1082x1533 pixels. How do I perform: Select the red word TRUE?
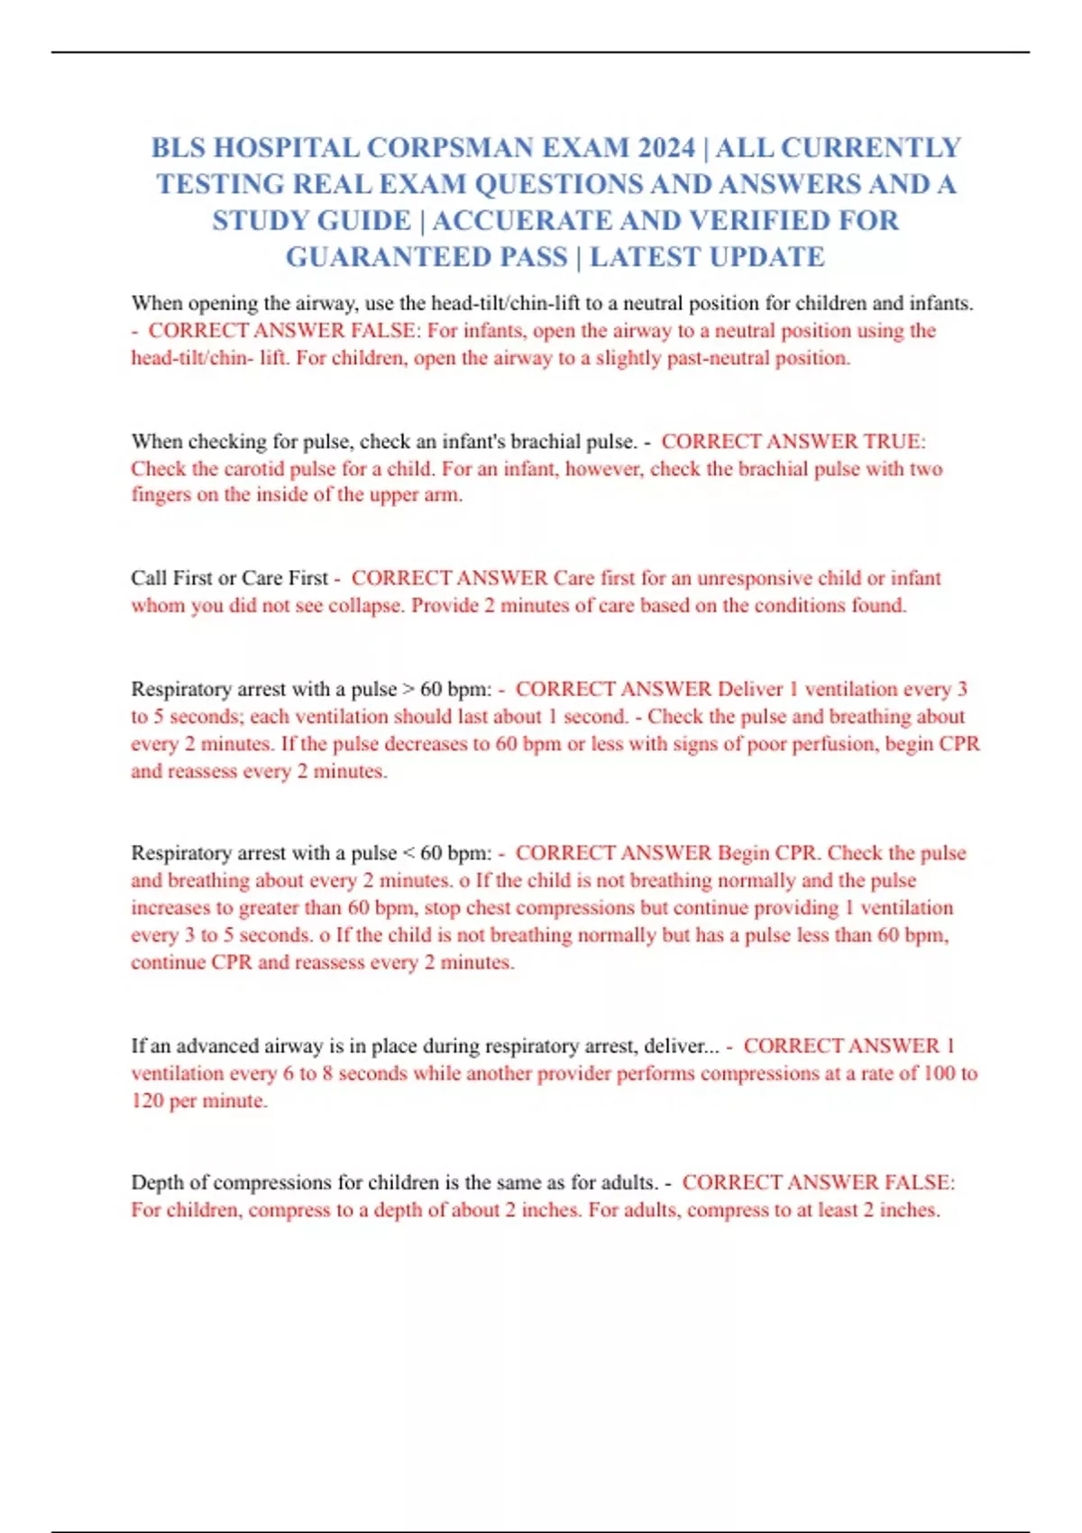(894, 441)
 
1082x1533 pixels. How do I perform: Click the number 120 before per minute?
(147, 1101)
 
